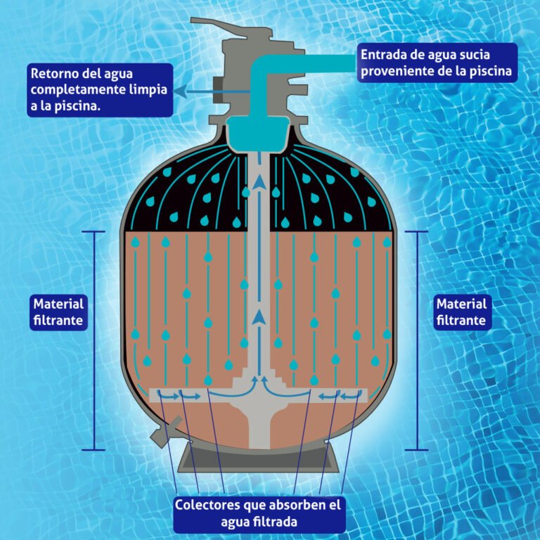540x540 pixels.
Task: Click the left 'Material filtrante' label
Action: tap(59, 313)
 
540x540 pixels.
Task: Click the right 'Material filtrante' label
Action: tap(461, 312)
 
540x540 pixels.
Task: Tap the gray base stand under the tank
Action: tap(261, 461)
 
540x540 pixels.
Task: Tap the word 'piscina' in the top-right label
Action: tap(489, 70)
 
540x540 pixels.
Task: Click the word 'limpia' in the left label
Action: tap(141, 90)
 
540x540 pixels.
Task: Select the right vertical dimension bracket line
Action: tap(418, 340)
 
